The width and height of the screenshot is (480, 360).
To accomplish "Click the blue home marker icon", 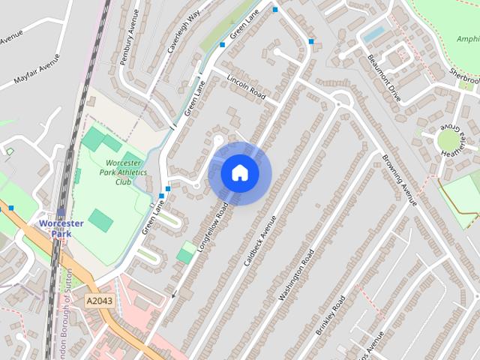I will [x=240, y=173].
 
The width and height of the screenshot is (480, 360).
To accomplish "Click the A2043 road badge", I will [x=99, y=300].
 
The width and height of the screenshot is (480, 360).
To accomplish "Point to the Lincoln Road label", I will [x=246, y=86].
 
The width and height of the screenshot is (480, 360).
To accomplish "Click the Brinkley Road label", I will [x=330, y=315].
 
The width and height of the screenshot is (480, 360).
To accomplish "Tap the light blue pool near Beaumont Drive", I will [x=373, y=34].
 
